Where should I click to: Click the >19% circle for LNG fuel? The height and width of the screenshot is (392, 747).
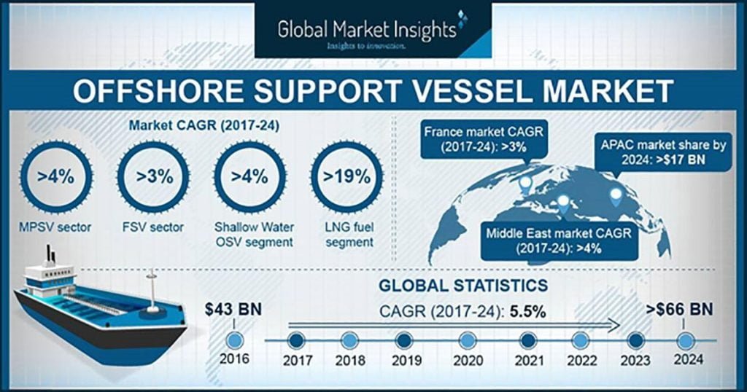[x=341, y=177]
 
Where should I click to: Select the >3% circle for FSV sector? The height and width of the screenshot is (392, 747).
[x=152, y=177]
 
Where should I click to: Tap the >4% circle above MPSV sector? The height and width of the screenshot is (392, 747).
[x=55, y=177]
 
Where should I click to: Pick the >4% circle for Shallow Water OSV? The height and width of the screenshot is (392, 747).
[x=249, y=177]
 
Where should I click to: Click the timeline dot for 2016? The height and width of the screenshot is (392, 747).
[x=236, y=340]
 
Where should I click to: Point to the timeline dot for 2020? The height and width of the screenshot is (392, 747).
[x=468, y=340]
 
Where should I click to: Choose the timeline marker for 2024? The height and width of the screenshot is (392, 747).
[x=684, y=340]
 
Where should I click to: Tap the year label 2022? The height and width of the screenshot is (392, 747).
[x=581, y=359]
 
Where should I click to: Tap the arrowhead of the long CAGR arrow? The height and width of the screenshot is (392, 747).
[x=619, y=324]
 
